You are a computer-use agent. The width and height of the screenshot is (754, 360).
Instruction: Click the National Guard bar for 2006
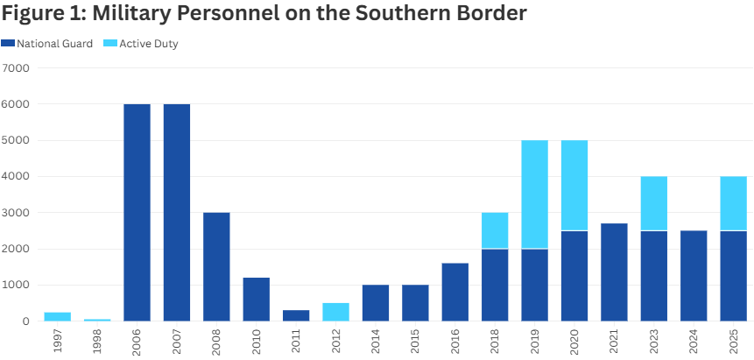[137, 213]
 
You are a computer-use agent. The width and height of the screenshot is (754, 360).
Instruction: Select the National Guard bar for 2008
[216, 267]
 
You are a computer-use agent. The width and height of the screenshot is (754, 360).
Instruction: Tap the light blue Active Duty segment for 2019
[535, 194]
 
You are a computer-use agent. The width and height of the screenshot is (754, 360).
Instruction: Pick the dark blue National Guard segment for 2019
[535, 285]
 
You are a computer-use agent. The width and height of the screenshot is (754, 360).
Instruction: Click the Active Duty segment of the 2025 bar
[734, 203]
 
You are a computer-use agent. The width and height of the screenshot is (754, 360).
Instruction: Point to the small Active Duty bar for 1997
[58, 316]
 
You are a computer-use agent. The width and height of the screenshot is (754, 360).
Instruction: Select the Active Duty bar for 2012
[335, 312]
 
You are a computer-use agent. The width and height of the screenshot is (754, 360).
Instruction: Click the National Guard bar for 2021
[614, 272]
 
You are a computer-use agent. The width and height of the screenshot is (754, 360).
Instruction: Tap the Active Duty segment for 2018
[495, 230]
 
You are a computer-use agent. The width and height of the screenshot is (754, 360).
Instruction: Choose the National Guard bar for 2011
[296, 315]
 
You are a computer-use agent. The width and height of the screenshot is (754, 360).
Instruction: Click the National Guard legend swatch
[8, 43]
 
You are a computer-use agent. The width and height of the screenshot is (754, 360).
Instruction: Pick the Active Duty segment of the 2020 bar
[574, 186]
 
